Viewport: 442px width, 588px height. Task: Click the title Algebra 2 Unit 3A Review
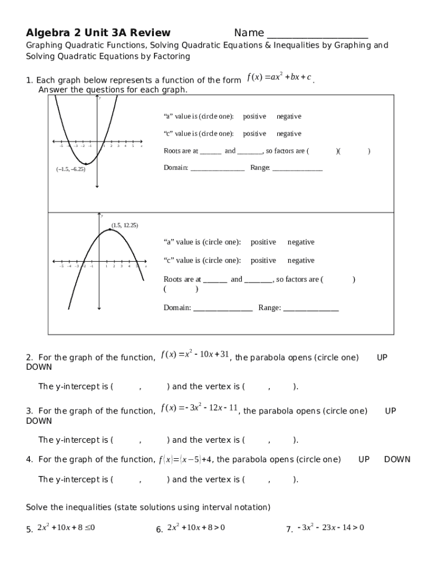pos(98,32)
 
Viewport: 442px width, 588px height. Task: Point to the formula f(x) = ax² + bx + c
pos(279,78)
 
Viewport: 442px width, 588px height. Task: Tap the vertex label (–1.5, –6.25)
pos(71,169)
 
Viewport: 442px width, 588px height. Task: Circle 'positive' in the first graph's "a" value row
pos(254,117)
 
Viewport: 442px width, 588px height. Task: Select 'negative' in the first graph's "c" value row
pos(289,134)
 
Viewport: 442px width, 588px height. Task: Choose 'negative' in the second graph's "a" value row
pos(301,242)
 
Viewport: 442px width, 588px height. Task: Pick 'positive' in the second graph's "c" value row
pos(263,261)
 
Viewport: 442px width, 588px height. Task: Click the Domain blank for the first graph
pos(218,168)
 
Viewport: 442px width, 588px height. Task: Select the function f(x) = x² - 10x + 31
pos(195,355)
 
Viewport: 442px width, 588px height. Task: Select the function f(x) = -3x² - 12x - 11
pos(199,408)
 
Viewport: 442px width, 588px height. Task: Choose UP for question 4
pos(364,459)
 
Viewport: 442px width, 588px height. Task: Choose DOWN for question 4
pos(397,459)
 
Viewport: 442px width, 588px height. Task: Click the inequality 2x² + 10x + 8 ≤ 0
pos(66,528)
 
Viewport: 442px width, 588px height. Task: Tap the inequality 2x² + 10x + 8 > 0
pos(196,528)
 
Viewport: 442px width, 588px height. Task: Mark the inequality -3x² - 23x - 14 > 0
pos(331,528)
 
